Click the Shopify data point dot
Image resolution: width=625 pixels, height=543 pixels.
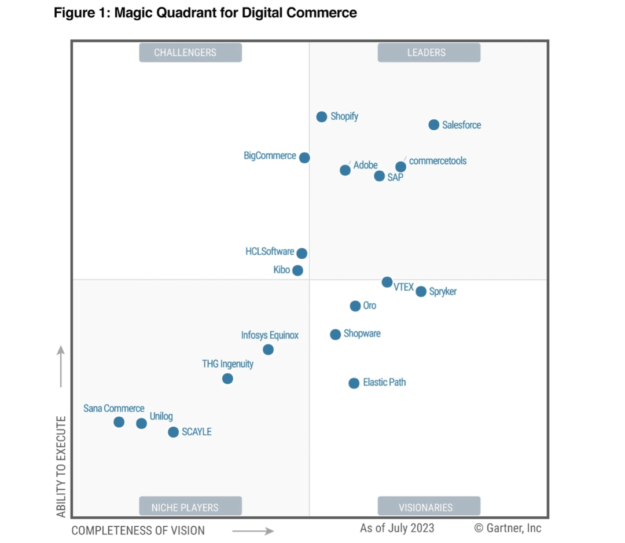click(x=322, y=117)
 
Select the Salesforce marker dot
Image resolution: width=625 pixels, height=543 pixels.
click(x=433, y=125)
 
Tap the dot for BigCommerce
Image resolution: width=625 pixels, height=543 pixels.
click(x=304, y=157)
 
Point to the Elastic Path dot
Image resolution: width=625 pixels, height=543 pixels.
click(x=354, y=383)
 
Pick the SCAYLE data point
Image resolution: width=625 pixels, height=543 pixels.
click(x=173, y=432)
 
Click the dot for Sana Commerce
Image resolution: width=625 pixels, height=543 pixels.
click(x=119, y=422)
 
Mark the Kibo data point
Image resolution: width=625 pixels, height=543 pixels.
click(x=297, y=270)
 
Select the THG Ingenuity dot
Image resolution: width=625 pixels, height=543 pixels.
click(x=227, y=379)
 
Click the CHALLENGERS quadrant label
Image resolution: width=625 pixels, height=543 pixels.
click(x=190, y=53)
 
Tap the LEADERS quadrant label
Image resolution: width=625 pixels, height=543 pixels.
click(x=429, y=53)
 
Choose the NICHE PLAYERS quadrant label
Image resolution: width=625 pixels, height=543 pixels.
click(x=190, y=507)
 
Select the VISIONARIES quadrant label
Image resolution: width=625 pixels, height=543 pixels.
click(x=429, y=507)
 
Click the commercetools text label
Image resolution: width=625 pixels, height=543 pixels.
click(x=437, y=161)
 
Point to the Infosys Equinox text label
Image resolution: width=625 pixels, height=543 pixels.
click(x=270, y=335)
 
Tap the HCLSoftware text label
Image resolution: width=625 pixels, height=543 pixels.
click(x=270, y=251)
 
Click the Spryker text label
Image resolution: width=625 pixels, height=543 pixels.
click(x=443, y=291)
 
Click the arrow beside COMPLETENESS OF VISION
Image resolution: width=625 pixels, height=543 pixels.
click(x=253, y=531)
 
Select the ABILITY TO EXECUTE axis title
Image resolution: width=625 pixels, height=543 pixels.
click(x=61, y=466)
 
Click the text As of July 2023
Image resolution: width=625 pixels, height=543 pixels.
click(x=397, y=528)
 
